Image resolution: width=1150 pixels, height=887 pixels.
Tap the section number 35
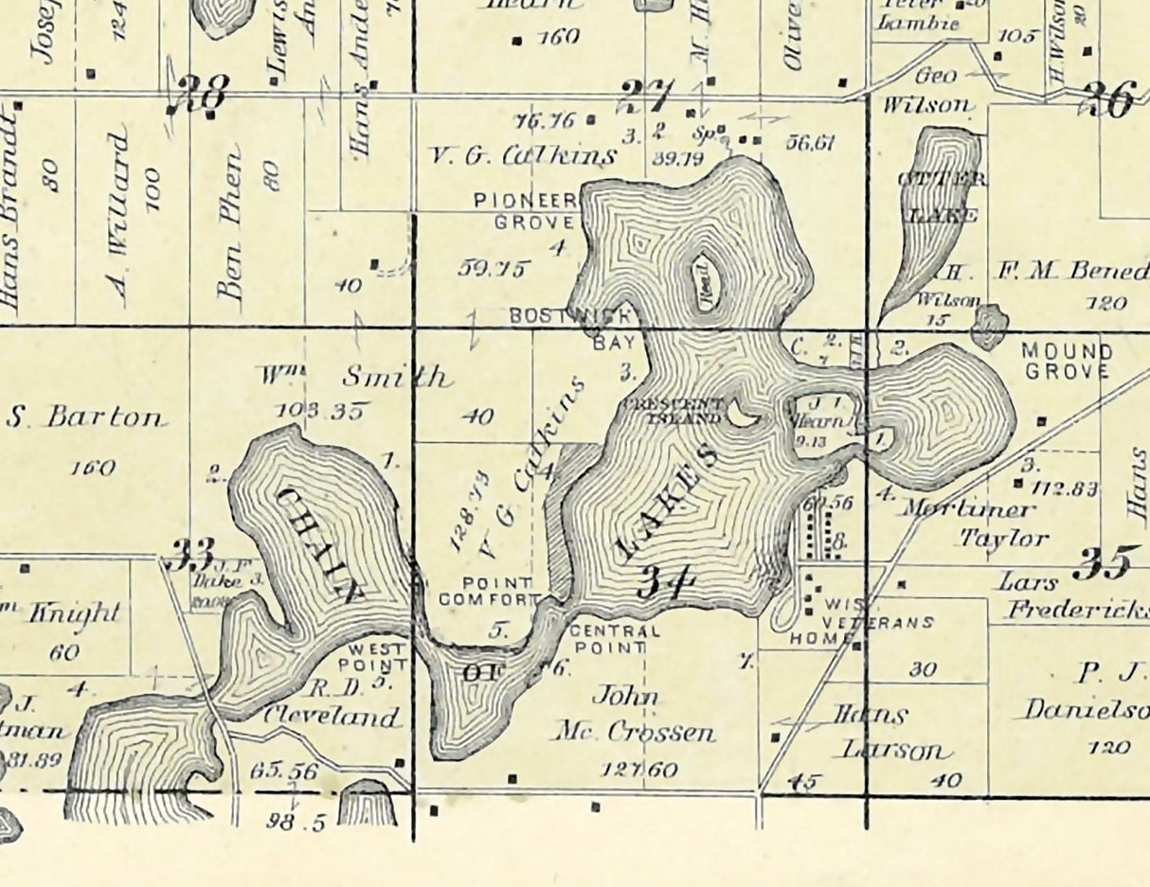point(1103,564)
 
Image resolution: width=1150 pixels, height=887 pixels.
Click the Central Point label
point(614,639)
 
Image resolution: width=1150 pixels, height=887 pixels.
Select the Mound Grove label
point(1067,361)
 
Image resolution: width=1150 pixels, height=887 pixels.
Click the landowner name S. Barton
point(85,417)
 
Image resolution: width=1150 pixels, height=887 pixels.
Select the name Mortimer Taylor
point(976,523)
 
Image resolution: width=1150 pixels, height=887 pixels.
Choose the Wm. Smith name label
point(355,378)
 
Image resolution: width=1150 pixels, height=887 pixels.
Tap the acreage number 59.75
point(493,268)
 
